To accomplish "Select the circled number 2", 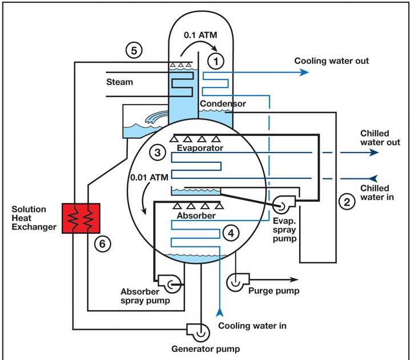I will (x=346, y=201).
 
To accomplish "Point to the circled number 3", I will (x=157, y=153).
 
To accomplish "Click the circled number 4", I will (x=231, y=233).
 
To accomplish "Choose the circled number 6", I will (x=102, y=243).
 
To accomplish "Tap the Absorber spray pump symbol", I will (x=170, y=280).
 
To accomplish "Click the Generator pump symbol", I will (x=194, y=330).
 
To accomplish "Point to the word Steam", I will (x=119, y=82).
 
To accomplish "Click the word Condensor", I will (x=223, y=103).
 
